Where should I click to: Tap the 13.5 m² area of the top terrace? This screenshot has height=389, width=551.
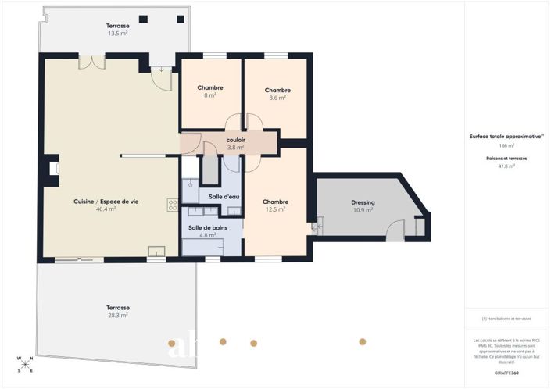click(118, 34)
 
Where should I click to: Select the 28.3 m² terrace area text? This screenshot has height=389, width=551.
click(118, 316)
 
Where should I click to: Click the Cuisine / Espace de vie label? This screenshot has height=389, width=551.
click(106, 202)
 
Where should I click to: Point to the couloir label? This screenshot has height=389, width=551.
click(236, 140)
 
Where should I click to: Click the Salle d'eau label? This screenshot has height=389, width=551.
click(224, 197)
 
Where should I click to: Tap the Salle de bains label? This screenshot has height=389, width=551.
click(207, 228)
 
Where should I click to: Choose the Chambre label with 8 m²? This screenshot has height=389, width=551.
click(210, 87)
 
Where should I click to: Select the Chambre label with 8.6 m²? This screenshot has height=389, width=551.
click(277, 90)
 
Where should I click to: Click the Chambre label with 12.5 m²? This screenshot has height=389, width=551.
click(275, 202)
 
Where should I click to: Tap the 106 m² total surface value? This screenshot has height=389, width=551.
click(506, 145)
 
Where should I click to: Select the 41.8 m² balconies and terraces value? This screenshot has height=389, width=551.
click(506, 166)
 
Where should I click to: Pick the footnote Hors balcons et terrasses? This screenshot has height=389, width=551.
click(506, 319)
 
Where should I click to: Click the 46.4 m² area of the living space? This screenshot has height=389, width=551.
click(106, 209)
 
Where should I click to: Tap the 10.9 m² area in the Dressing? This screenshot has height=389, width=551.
click(363, 210)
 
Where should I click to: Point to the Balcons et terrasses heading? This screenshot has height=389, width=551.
click(506, 158)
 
